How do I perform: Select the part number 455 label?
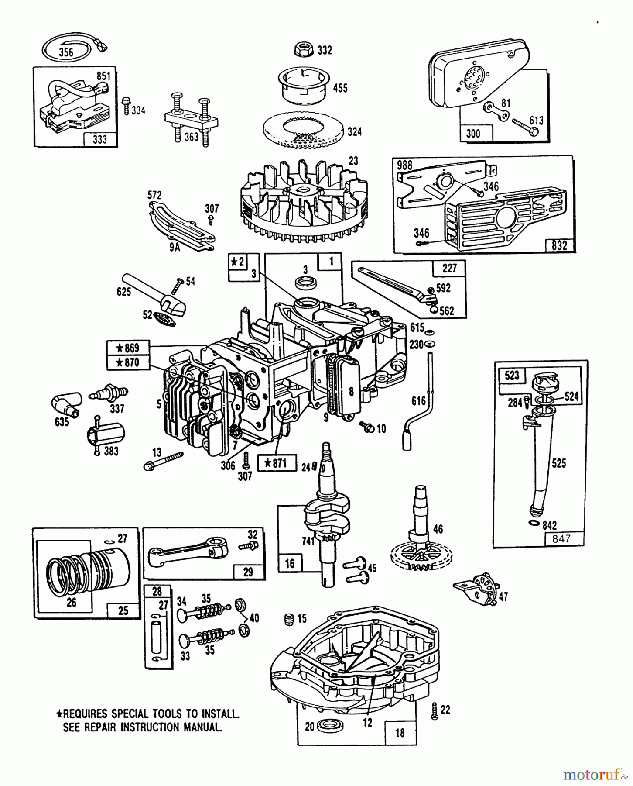pyautogui.click(x=340, y=88)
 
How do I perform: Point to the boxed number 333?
pyautogui.click(x=100, y=139)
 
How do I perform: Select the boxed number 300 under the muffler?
pyautogui.click(x=473, y=133)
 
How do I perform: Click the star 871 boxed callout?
pyautogui.click(x=277, y=463)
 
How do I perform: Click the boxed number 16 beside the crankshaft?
pyautogui.click(x=290, y=563)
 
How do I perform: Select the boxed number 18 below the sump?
pyautogui.click(x=400, y=732)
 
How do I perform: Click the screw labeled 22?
pyautogui.click(x=434, y=712)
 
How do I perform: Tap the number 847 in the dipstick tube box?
pyautogui.click(x=561, y=538)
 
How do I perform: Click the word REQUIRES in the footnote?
pyautogui.click(x=85, y=714)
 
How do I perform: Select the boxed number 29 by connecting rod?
pyautogui.click(x=248, y=571)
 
